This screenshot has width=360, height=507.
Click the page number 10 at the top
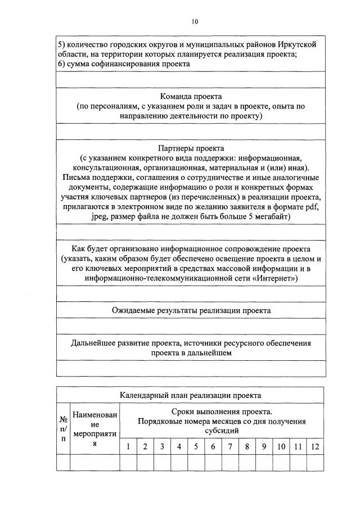click(195, 22)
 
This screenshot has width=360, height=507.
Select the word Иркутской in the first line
click(301, 44)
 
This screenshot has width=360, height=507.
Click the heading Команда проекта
click(191, 96)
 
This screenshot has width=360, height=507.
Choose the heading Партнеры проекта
click(191, 148)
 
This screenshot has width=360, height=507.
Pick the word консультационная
click(106, 168)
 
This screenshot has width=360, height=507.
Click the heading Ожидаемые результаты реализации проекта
click(191, 310)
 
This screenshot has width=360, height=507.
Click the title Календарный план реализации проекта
click(191, 395)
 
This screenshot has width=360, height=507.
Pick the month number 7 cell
click(231, 447)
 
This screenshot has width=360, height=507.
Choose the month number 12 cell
click(316, 447)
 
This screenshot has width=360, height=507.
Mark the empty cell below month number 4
click(179, 462)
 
